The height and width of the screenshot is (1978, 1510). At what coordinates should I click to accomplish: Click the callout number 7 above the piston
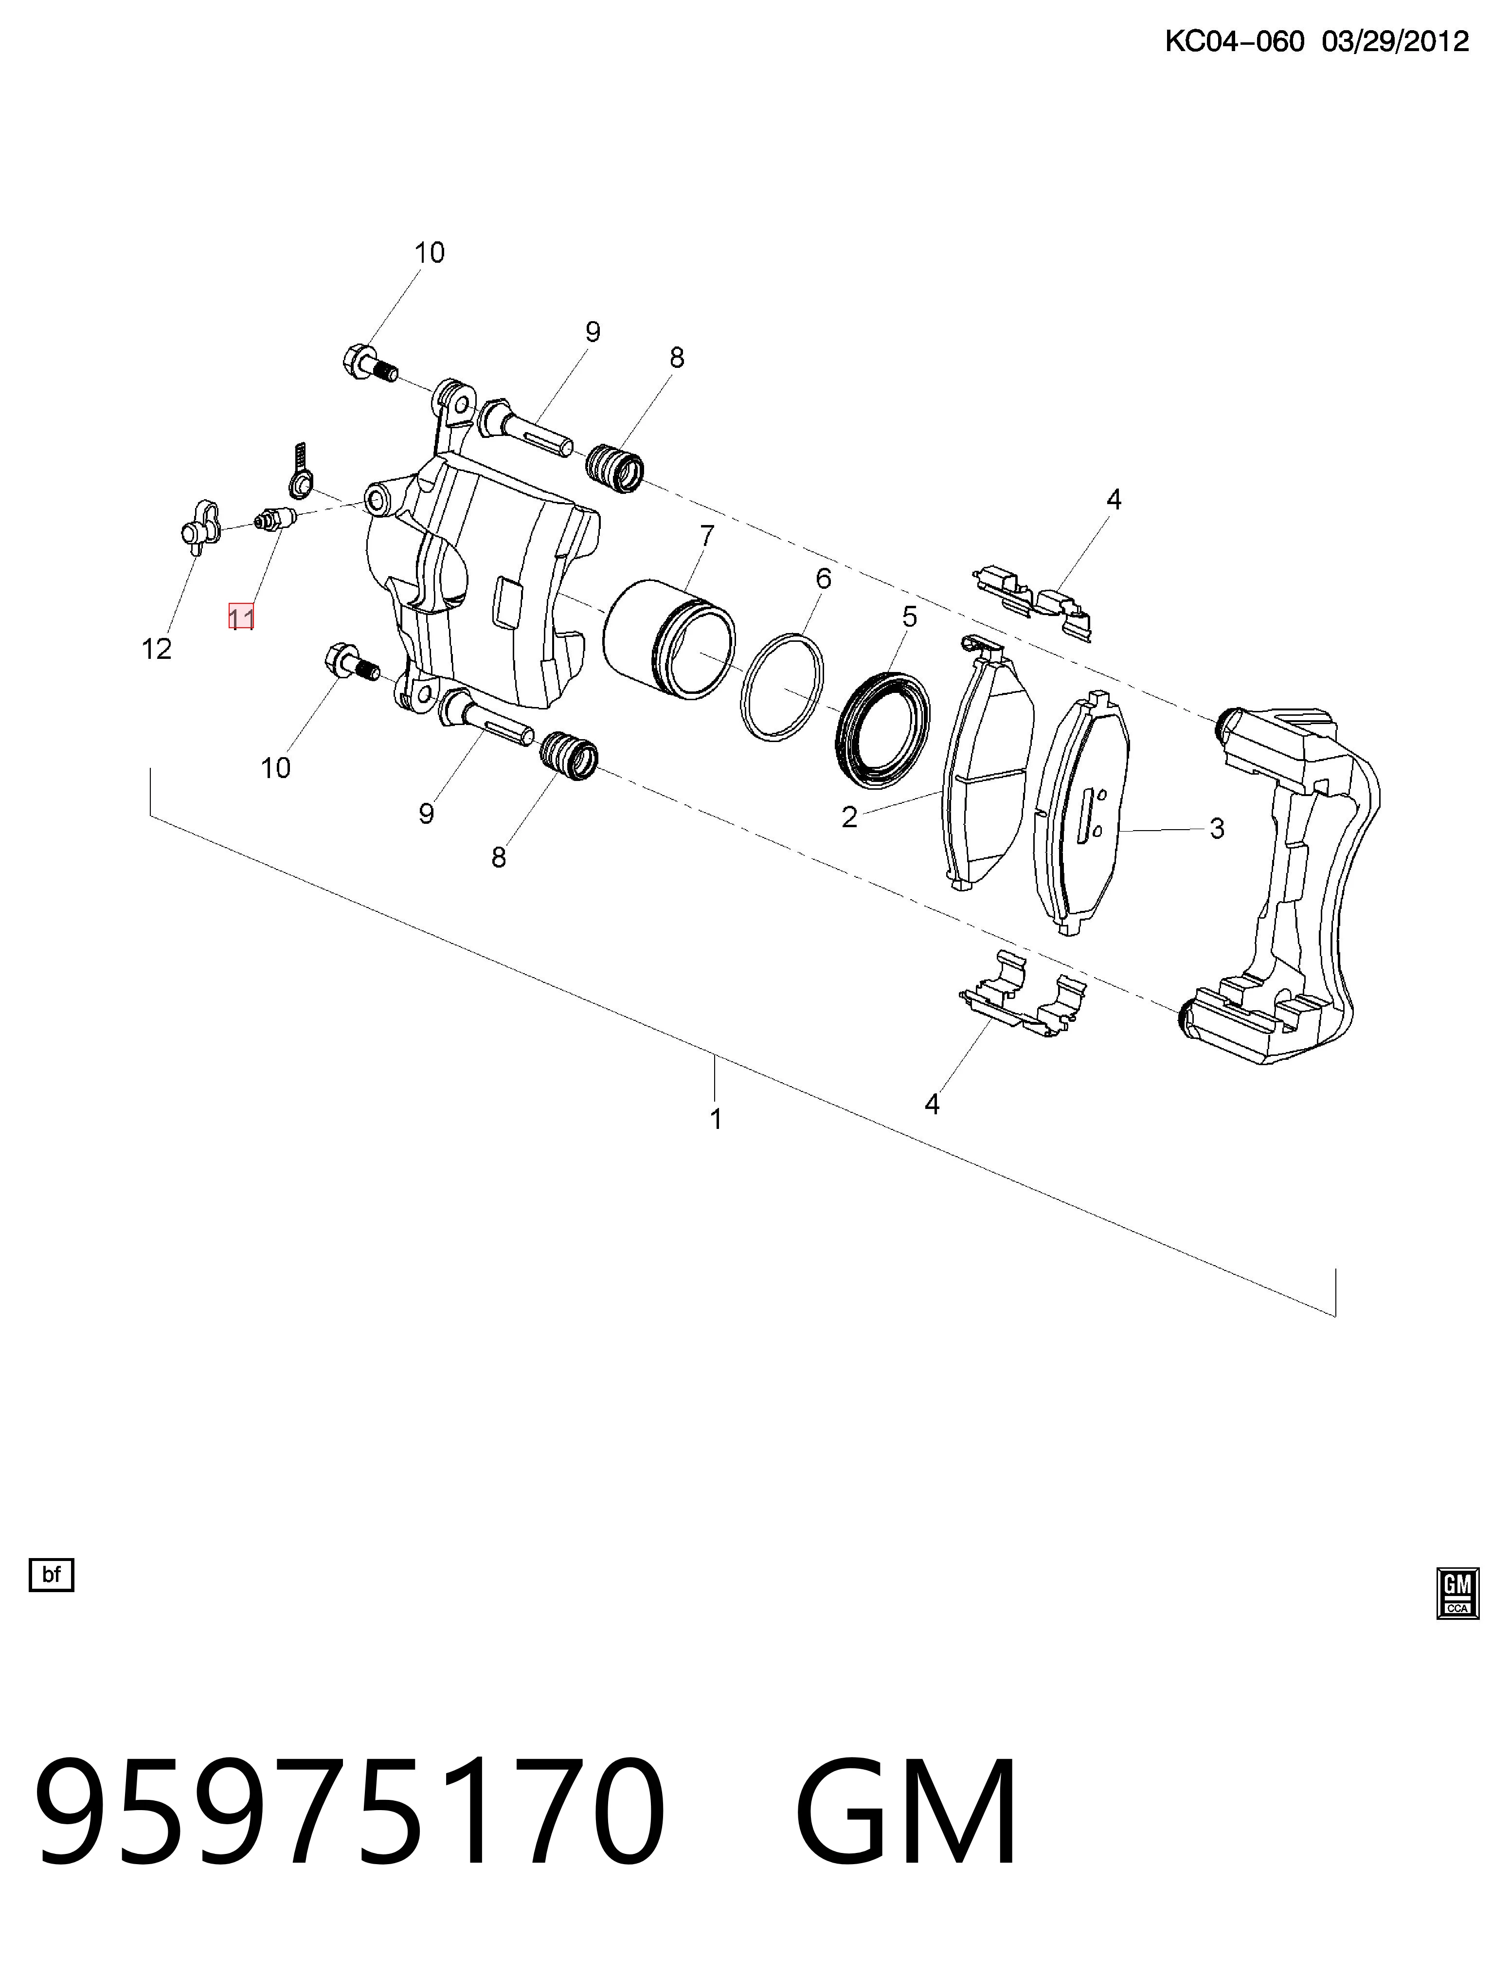click(706, 536)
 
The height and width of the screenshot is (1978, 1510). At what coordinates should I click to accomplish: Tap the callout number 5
click(910, 617)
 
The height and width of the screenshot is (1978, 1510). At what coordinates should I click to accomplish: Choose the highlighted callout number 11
click(241, 617)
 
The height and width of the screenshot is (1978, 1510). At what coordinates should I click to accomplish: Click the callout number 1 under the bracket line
click(716, 1119)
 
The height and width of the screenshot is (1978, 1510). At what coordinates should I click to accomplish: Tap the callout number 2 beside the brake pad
click(849, 817)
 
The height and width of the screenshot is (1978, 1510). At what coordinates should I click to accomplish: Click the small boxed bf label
click(51, 1574)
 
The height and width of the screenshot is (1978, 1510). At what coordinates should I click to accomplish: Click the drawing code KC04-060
click(1234, 41)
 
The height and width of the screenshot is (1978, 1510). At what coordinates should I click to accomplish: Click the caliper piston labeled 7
click(669, 640)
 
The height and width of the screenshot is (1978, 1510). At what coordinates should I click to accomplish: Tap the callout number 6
click(823, 579)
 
